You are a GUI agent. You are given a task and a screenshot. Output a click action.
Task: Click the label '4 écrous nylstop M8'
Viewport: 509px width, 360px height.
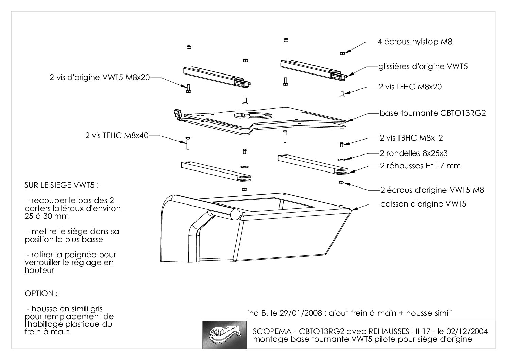point(415,42)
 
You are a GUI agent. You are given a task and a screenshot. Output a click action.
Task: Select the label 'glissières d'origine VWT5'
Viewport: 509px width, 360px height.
point(423,66)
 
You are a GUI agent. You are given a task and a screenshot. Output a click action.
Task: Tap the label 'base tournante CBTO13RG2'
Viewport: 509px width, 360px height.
point(432,113)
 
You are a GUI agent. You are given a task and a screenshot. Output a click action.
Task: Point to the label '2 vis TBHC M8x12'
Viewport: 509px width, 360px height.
point(411,138)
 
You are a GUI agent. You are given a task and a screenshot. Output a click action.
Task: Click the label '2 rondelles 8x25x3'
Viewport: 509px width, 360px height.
point(413,153)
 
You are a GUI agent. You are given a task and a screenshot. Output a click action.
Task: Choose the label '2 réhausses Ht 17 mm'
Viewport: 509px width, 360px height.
point(420,166)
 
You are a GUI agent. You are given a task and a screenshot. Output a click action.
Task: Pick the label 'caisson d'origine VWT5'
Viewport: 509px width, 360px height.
point(423,204)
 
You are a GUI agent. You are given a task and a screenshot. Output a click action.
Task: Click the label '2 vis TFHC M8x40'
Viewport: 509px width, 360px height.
point(117,135)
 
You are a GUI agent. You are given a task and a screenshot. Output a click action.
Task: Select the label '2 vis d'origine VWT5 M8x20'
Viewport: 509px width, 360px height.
point(100,77)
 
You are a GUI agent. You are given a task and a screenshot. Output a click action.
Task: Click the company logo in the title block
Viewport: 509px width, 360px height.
point(224,335)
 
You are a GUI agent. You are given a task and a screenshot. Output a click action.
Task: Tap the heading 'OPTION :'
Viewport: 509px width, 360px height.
point(41,293)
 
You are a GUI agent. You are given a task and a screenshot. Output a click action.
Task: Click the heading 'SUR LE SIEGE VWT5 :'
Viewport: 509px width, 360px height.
point(62,185)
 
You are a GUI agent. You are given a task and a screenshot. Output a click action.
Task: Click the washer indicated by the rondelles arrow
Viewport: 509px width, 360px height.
point(341,160)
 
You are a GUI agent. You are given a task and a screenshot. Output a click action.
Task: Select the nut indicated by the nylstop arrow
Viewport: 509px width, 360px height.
point(342,53)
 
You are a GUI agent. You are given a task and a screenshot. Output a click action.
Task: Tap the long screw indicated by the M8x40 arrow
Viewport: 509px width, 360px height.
point(188,143)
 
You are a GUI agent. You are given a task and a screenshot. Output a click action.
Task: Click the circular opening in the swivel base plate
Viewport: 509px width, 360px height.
point(253,115)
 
